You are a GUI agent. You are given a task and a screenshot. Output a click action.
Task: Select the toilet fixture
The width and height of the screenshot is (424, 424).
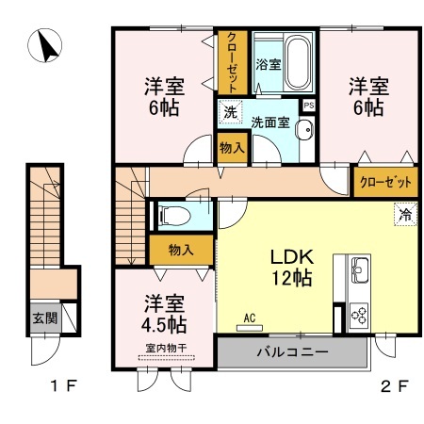pyautogui.click(x=172, y=216)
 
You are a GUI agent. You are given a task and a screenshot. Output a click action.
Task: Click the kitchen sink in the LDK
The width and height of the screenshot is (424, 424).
pyautogui.click(x=360, y=269)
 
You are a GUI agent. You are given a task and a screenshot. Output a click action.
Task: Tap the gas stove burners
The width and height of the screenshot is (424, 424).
pyautogui.click(x=360, y=313)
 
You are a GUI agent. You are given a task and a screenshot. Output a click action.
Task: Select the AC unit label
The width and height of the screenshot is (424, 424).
pyautogui.click(x=250, y=318)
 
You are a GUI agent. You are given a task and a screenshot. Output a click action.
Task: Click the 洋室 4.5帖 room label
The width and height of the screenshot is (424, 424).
pyautogui.click(x=165, y=315)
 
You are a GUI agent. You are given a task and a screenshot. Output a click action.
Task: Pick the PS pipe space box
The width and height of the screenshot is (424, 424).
pyautogui.click(x=308, y=106)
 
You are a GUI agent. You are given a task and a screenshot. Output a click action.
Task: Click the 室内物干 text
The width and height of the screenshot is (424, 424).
pyautogui.click(x=165, y=348)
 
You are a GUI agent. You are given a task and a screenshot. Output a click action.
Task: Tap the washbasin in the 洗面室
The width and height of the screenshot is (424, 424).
pyautogui.click(x=303, y=131)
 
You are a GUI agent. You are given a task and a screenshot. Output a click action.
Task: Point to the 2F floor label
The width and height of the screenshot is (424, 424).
pyautogui.click(x=396, y=385)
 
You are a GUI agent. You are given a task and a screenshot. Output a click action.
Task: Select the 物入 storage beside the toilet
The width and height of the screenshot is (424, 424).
pyautogui.click(x=181, y=250)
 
